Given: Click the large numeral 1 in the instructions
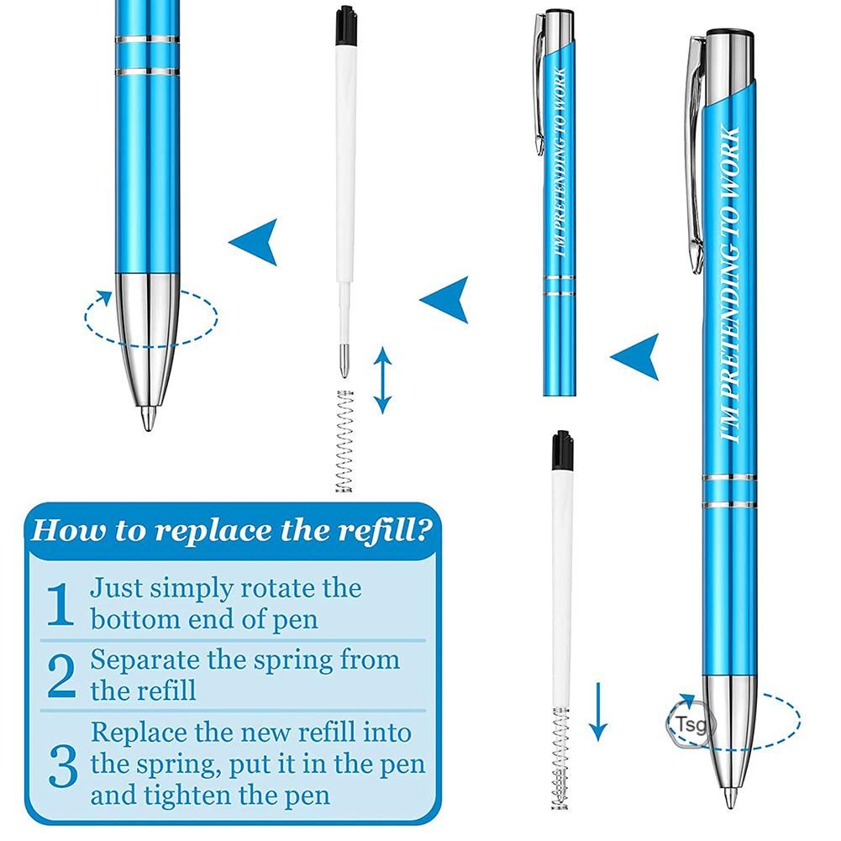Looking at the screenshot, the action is click(x=60, y=604).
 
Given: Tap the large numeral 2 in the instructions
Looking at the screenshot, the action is click(x=61, y=675).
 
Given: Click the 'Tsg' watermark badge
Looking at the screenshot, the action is click(x=687, y=723).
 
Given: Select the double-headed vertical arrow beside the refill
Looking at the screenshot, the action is click(x=382, y=381).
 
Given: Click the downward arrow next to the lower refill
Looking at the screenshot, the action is click(x=597, y=712).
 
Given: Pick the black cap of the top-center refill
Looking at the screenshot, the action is click(x=346, y=26).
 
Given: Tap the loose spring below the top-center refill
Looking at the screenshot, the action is click(x=344, y=441).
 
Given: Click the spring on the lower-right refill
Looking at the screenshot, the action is click(x=560, y=758).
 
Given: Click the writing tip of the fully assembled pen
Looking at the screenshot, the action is click(x=729, y=797).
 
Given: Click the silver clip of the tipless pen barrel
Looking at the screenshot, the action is click(x=539, y=84).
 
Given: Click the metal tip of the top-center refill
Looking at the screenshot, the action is click(x=344, y=361).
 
